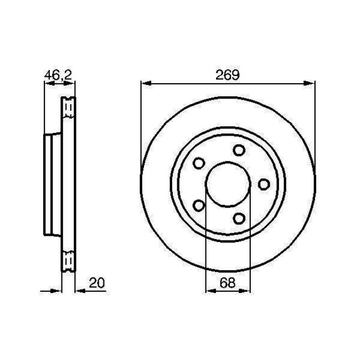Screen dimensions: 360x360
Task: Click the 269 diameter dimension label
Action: pos(228,75)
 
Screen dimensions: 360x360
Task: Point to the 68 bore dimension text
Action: pos(228,282)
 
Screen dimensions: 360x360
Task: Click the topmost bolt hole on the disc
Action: pos(239,150)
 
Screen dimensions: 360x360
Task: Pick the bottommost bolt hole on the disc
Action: pos(239,218)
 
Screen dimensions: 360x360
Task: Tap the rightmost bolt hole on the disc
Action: pos(264,184)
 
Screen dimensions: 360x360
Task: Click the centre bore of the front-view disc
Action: pos(228,184)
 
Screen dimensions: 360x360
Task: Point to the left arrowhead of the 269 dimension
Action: pos(145,84)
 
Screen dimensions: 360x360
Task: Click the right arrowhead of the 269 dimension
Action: pos(311,84)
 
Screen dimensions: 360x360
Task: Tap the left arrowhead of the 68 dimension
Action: pos(209,290)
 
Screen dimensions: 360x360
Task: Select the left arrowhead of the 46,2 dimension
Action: pos(47,84)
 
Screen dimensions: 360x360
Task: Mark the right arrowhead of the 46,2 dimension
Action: pos(70,84)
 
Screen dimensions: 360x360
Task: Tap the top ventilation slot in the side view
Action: pos(68,106)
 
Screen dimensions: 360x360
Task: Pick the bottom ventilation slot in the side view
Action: pos(68,261)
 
